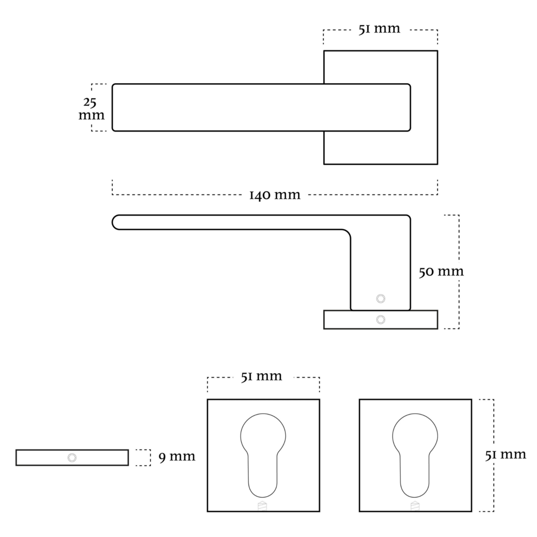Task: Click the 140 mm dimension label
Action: coord(274,195)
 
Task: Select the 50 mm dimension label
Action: coord(440,271)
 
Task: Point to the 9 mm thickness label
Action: coord(177,457)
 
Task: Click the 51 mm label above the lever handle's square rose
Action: coord(379,29)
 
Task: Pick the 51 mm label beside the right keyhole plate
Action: coord(505,455)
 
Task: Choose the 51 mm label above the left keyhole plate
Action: coord(261,376)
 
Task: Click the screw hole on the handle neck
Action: coord(381,299)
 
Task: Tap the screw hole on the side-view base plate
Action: coord(381,320)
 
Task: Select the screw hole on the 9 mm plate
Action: coord(72,458)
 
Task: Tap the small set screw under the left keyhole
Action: coord(263,505)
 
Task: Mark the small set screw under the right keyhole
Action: coord(415,505)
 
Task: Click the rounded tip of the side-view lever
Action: coord(117,222)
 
